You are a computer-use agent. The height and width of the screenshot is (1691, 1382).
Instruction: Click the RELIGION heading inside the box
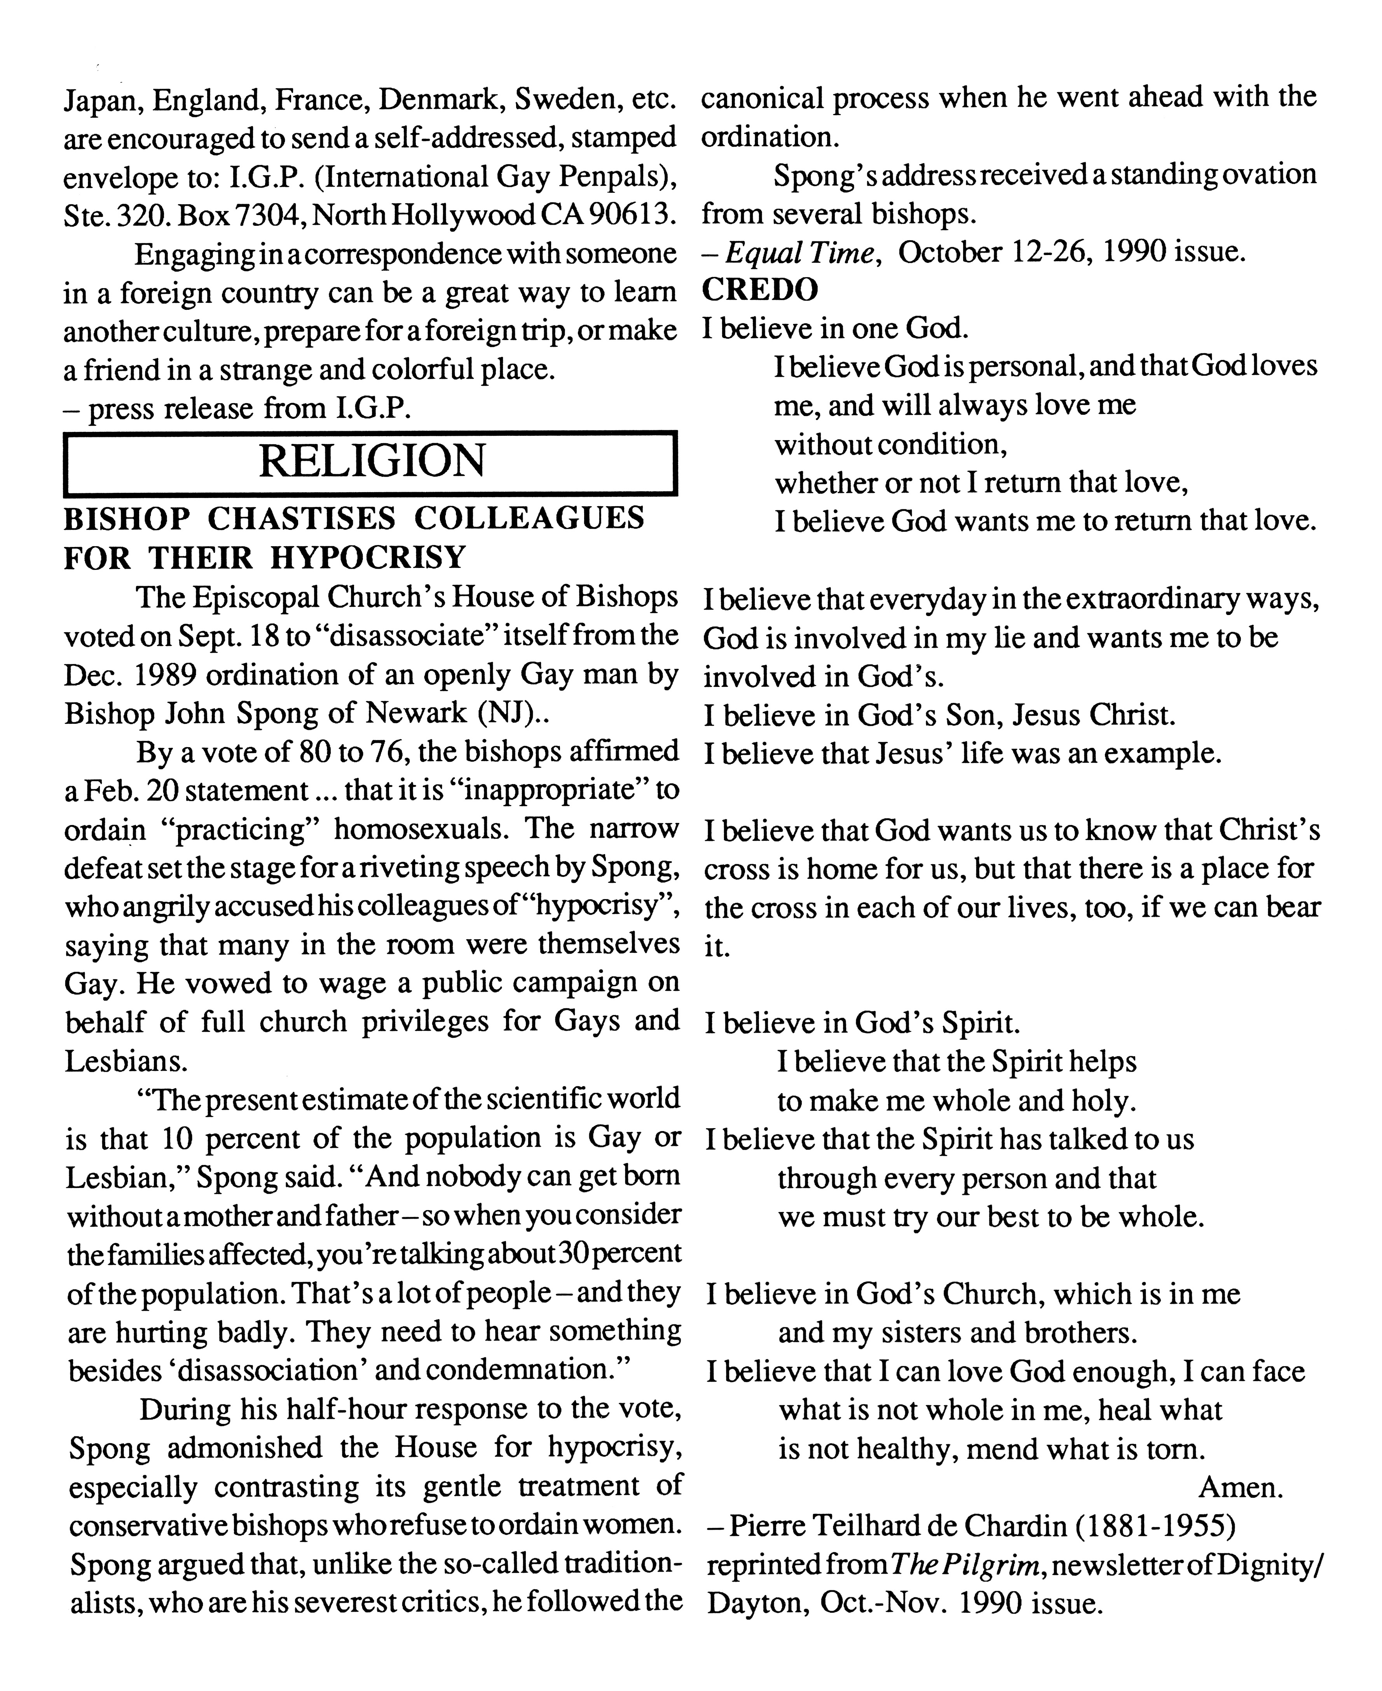click(x=371, y=461)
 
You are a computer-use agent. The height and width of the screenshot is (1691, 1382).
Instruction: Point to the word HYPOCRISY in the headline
click(x=368, y=557)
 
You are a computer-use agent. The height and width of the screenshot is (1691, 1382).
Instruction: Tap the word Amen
click(x=1240, y=1487)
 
